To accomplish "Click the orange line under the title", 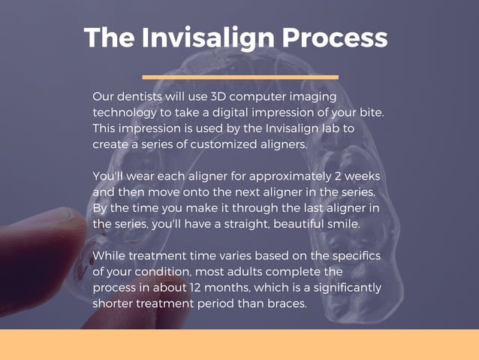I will [239, 77].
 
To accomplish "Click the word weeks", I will [364, 176].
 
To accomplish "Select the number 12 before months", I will [204, 288].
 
